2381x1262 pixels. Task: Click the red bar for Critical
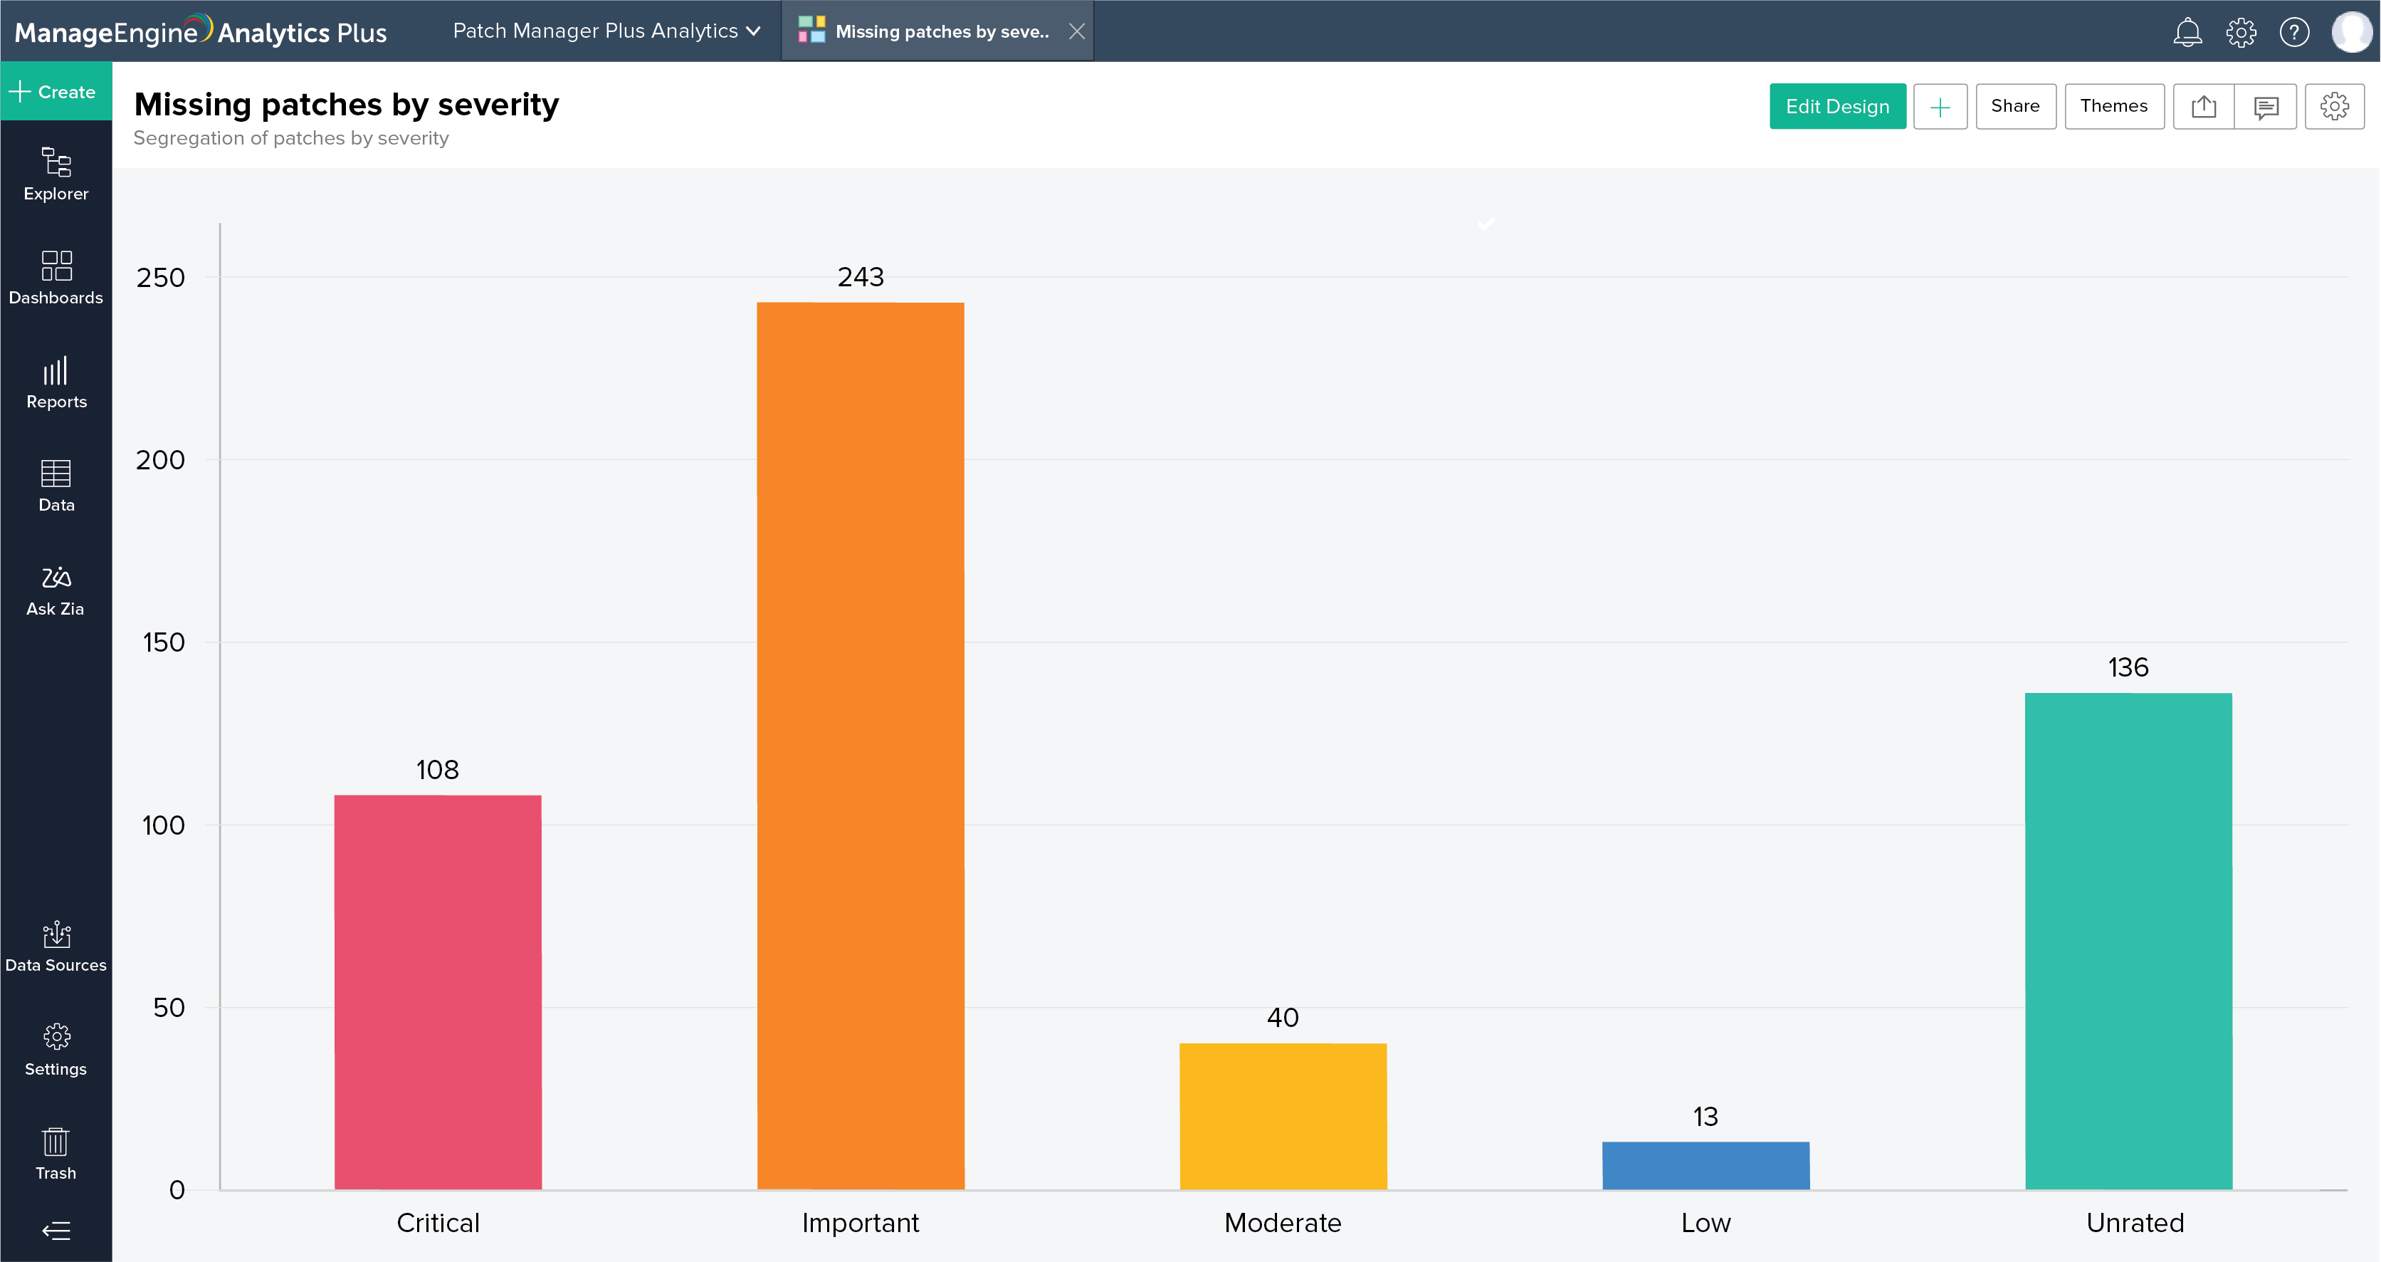point(437,991)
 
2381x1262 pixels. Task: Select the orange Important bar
point(860,745)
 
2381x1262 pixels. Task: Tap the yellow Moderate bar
point(1283,1116)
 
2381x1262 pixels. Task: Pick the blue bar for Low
point(1705,1165)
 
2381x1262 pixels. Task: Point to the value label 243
point(861,276)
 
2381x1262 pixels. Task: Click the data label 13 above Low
point(1705,1116)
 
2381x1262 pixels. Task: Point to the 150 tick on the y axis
point(164,642)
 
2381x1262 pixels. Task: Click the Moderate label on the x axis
point(1282,1222)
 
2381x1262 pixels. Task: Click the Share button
point(2015,106)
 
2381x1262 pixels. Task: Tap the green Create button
point(56,92)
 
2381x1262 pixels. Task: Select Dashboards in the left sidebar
point(56,276)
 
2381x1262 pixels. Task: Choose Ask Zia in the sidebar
point(56,589)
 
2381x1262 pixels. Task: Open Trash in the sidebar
point(56,1153)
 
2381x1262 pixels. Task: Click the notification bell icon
point(2187,32)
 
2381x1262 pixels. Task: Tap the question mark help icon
point(2294,32)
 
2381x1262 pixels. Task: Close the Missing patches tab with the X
point(1077,31)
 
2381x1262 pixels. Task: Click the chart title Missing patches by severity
point(346,105)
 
